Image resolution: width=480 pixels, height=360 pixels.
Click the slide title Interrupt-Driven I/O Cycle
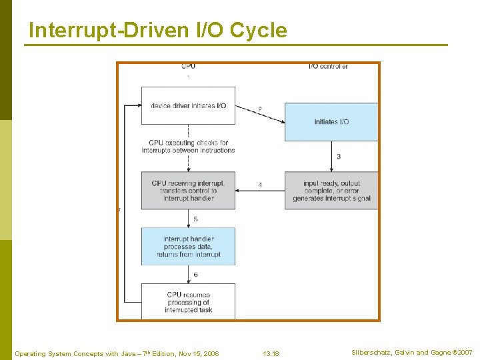click(158, 31)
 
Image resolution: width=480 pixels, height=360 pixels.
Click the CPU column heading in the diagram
click(188, 67)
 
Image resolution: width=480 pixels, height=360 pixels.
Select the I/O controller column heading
click(328, 67)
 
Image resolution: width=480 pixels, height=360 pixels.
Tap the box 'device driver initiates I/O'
click(188, 105)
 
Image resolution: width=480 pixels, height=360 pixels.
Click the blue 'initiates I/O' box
click(331, 121)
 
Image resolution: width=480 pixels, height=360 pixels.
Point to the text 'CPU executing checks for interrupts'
click(188, 146)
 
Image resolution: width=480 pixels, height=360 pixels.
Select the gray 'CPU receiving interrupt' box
click(188, 191)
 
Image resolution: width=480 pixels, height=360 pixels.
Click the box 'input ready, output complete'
click(331, 191)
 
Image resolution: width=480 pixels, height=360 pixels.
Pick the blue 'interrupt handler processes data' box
click(188, 247)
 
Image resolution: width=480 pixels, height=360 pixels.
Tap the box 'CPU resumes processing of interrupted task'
click(188, 301)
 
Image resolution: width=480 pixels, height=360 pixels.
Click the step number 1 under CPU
click(188, 78)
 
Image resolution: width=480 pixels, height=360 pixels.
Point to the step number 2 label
click(259, 109)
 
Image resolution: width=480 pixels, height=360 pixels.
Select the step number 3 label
click(339, 157)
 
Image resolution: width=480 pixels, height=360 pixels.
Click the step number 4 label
click(259, 185)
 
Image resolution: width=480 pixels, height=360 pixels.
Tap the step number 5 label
click(195, 219)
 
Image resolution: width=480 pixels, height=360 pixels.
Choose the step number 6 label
click(195, 275)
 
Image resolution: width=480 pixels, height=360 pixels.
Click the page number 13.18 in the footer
click(271, 353)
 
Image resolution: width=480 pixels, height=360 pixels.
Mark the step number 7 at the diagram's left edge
click(119, 210)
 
